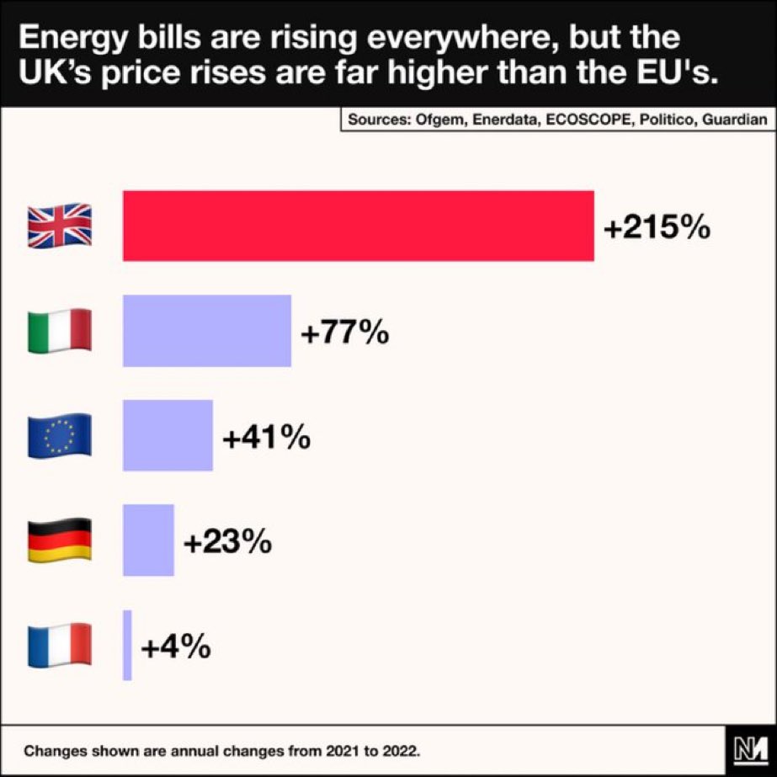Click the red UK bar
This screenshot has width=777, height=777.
(359, 226)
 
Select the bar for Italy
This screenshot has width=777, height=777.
(207, 331)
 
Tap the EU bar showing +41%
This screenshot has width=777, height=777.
(168, 435)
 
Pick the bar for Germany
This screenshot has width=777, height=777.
(148, 540)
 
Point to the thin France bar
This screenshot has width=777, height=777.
(127, 645)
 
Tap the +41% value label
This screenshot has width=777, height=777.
(266, 438)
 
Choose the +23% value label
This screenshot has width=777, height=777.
(227, 542)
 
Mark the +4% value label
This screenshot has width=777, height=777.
(175, 647)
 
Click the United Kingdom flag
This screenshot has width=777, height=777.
(60, 226)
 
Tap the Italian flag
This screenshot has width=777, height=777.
(60, 331)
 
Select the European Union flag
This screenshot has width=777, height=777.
(60, 436)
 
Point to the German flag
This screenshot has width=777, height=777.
(60, 540)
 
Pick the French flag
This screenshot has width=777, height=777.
(60, 646)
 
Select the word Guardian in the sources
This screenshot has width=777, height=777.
(738, 120)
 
